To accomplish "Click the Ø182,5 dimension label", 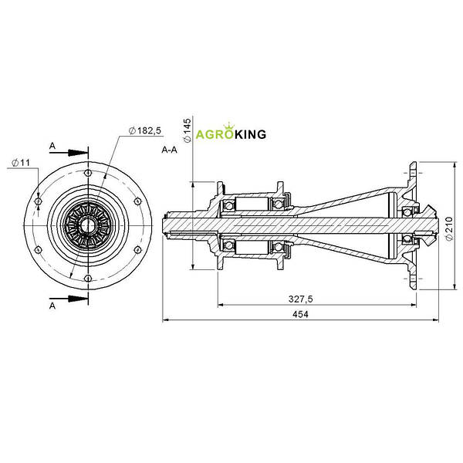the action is coord(145,130).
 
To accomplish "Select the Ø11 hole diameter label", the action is coord(21,163).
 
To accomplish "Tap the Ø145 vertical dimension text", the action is coord(188,131).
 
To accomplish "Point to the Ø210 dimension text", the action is coord(449,229).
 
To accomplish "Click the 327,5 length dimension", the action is coord(300,299).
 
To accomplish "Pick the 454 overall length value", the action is coord(300,314).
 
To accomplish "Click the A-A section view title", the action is coord(170,150).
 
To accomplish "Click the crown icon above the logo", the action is coord(229,126).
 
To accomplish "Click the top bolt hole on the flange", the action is coord(88,173).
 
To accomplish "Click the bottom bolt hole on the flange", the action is coord(88,278).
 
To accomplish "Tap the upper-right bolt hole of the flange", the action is coord(137,201).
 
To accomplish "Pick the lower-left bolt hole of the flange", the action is coord(38,250).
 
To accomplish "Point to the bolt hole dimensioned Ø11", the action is coord(38,201).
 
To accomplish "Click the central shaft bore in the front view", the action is coord(88,226).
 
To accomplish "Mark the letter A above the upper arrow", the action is coord(52,146).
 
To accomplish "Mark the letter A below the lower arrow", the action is coord(52,306).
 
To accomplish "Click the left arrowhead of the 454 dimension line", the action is coord(166,320).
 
